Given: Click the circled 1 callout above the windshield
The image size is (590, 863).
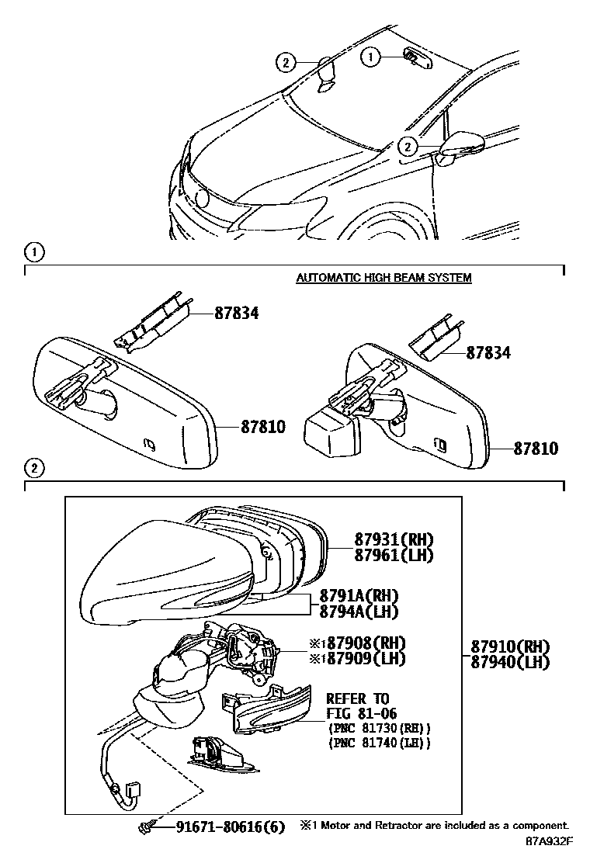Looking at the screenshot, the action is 371,56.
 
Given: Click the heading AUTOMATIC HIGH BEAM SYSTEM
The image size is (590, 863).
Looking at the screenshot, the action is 383,277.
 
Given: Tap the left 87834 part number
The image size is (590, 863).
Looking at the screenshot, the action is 237,314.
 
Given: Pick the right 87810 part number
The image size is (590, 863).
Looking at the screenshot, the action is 534,449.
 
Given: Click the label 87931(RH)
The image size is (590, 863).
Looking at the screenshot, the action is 394,540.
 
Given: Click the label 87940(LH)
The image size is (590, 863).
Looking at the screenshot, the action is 510,662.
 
